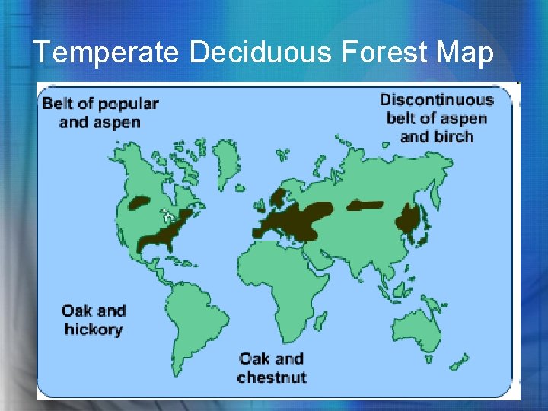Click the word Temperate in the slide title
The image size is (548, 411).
[x=107, y=52]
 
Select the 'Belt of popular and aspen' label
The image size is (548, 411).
[x=100, y=112]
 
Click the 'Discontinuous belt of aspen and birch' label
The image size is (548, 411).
[x=436, y=118]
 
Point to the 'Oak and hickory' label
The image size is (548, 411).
[x=94, y=320]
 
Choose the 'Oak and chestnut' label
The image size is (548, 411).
[x=271, y=368]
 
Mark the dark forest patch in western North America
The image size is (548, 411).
[x=139, y=203]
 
